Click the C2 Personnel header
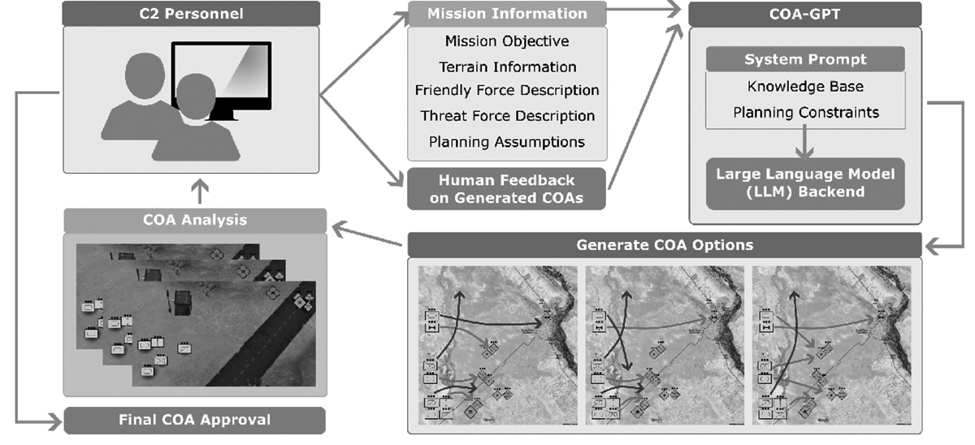(x=192, y=13)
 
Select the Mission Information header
(x=507, y=13)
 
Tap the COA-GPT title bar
(x=804, y=14)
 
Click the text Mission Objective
(x=507, y=41)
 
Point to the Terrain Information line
(x=507, y=67)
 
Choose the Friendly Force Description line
(x=507, y=90)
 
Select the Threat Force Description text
(x=507, y=116)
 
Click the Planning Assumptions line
(x=507, y=141)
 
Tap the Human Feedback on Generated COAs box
(x=507, y=188)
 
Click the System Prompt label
(x=804, y=59)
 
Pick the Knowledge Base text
(x=804, y=86)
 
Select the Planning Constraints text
(x=804, y=112)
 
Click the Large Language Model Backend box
(x=804, y=183)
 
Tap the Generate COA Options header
(x=664, y=244)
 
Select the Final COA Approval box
(x=194, y=420)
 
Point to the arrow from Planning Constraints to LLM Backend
(x=804, y=143)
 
